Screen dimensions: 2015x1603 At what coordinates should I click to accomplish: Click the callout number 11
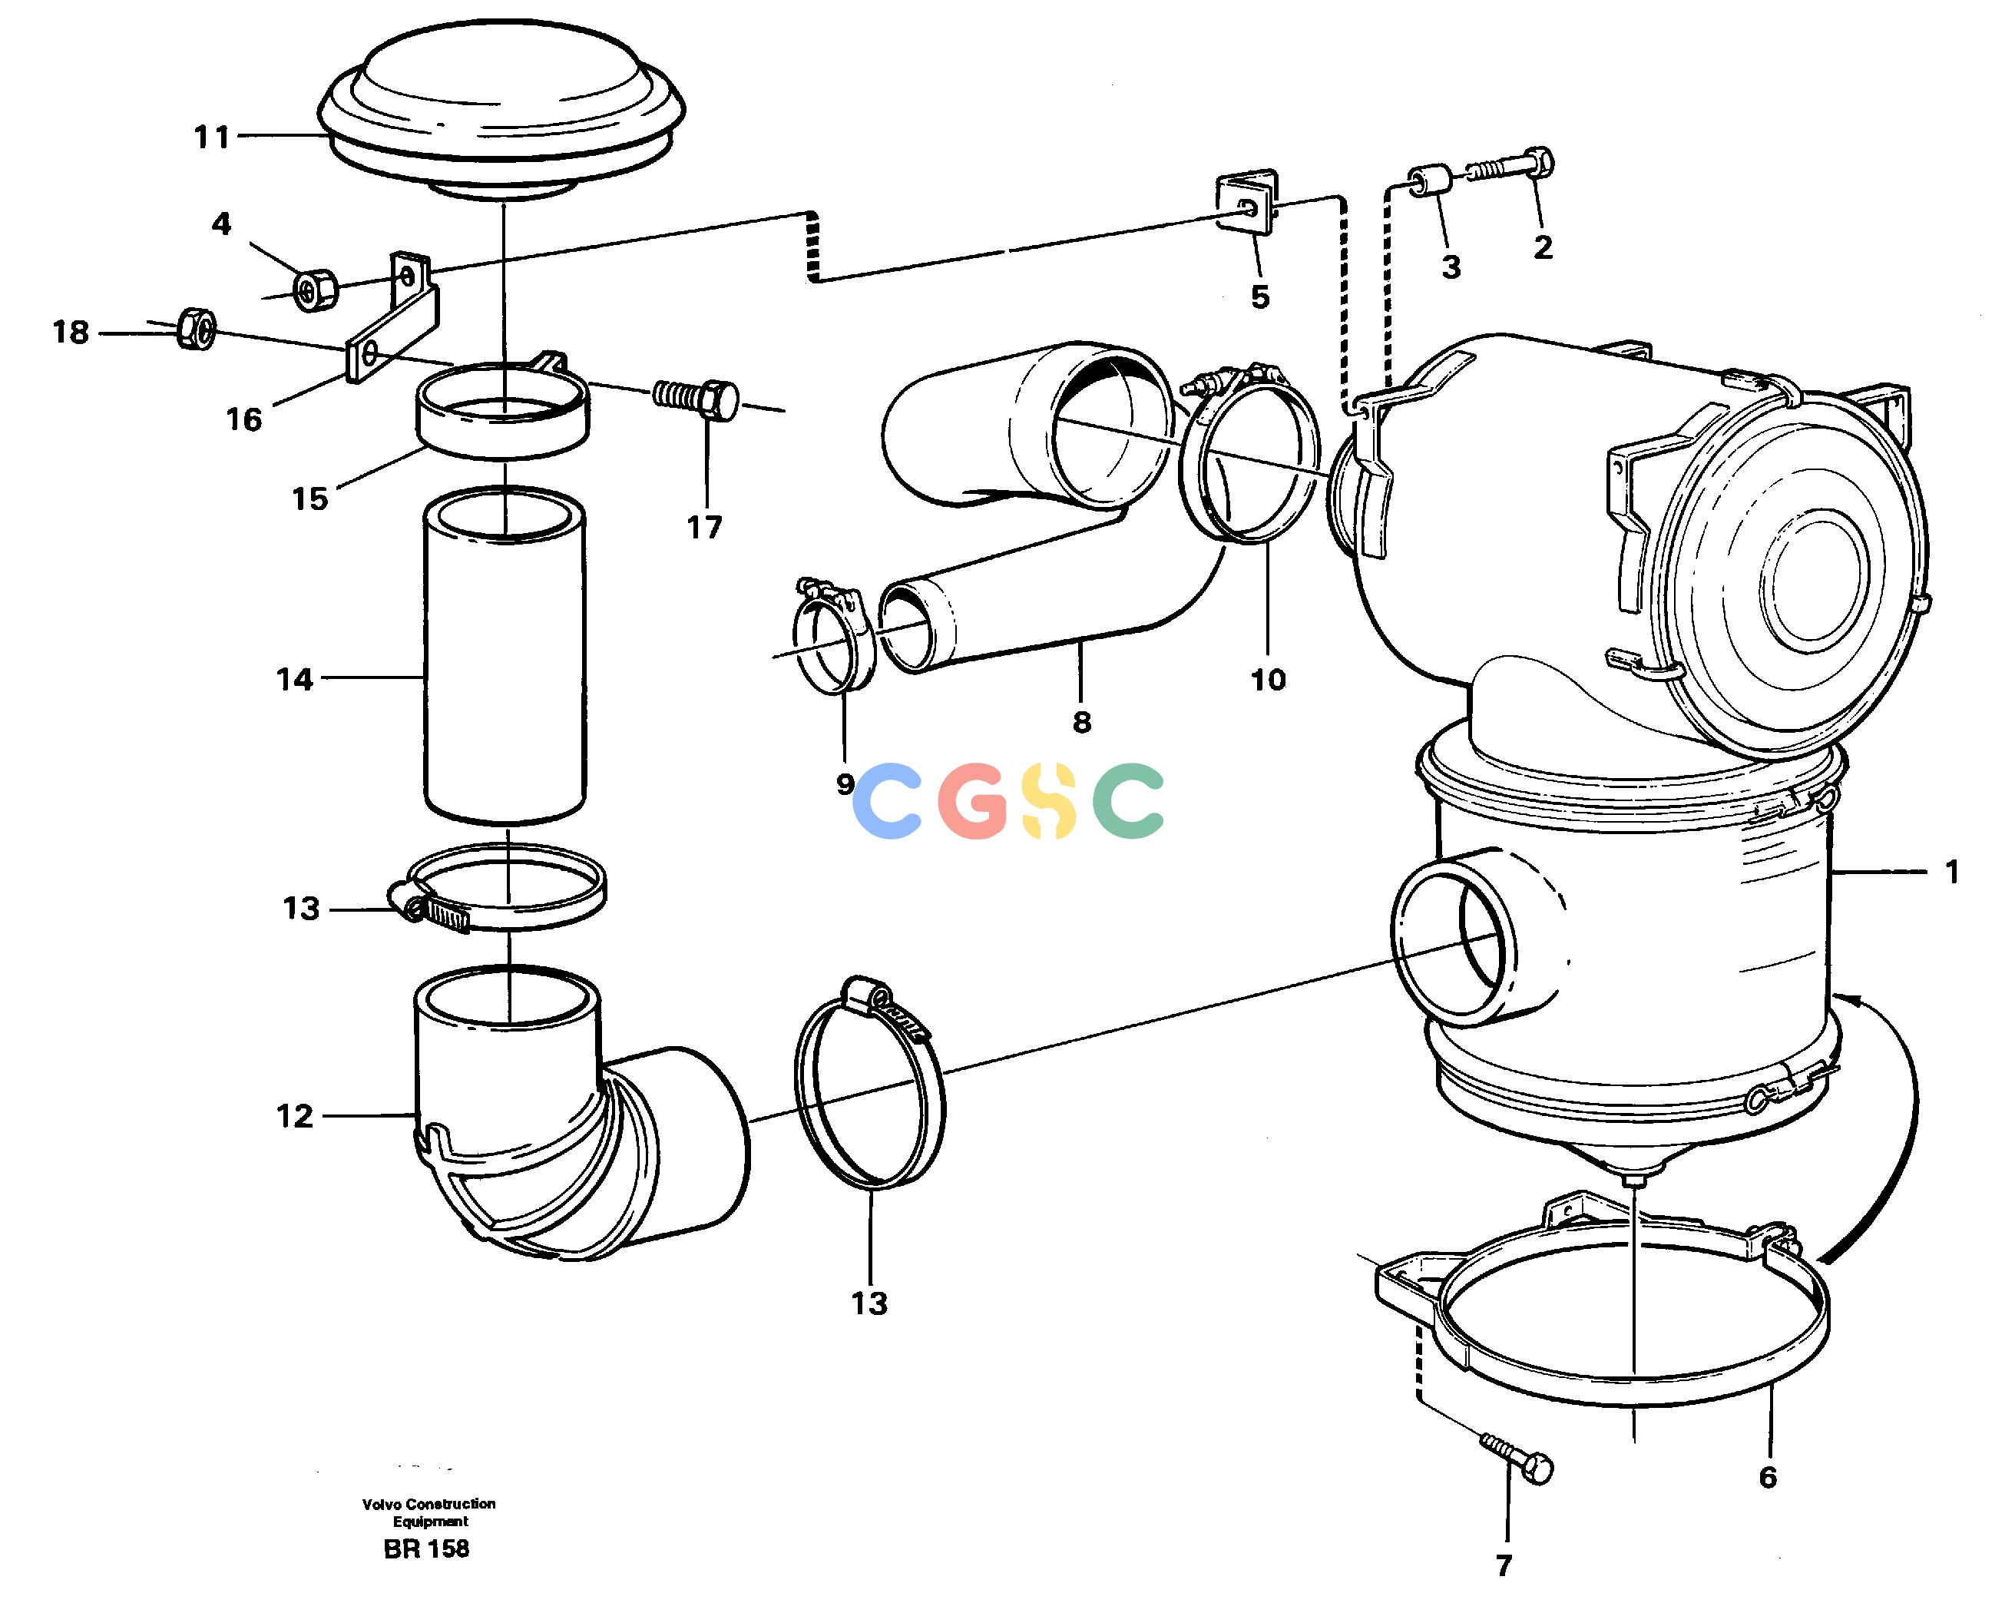pos(211,137)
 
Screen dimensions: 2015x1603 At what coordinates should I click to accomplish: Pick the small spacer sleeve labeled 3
pos(1429,181)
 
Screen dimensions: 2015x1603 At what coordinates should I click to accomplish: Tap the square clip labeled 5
pos(1247,204)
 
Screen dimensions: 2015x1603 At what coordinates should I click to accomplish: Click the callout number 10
pos(1269,680)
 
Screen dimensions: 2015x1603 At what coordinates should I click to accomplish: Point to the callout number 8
pos(1081,721)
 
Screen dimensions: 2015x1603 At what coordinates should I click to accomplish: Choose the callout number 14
pos(294,680)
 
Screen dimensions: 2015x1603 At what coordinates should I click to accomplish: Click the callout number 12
pos(294,1116)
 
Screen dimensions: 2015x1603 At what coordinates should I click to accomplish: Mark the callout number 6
pos(1767,1477)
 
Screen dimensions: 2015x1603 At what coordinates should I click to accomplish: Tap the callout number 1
pos(1951,872)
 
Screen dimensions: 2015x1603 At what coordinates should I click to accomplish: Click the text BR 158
pos(426,1548)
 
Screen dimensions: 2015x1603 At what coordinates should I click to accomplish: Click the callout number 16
pos(244,419)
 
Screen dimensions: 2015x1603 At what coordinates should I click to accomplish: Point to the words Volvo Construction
pos(429,1503)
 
